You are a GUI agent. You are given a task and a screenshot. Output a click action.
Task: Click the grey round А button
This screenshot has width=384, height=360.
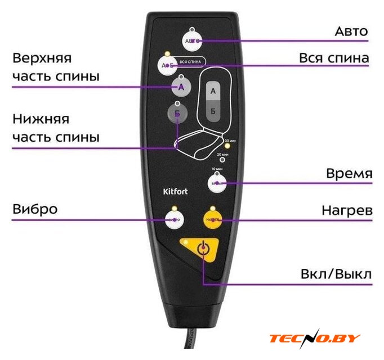181,87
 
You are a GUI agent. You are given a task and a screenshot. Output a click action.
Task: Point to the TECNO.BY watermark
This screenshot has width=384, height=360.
315,338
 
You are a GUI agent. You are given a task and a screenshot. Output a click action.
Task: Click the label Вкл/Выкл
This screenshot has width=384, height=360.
336,275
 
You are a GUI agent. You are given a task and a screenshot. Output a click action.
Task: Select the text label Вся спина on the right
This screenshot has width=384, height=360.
334,58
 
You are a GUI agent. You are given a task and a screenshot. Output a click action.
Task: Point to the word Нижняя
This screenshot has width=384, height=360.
41,120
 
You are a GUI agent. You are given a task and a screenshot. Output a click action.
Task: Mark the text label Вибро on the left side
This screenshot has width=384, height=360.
35,209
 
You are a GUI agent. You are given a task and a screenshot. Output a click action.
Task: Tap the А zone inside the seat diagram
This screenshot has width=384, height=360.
213,90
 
